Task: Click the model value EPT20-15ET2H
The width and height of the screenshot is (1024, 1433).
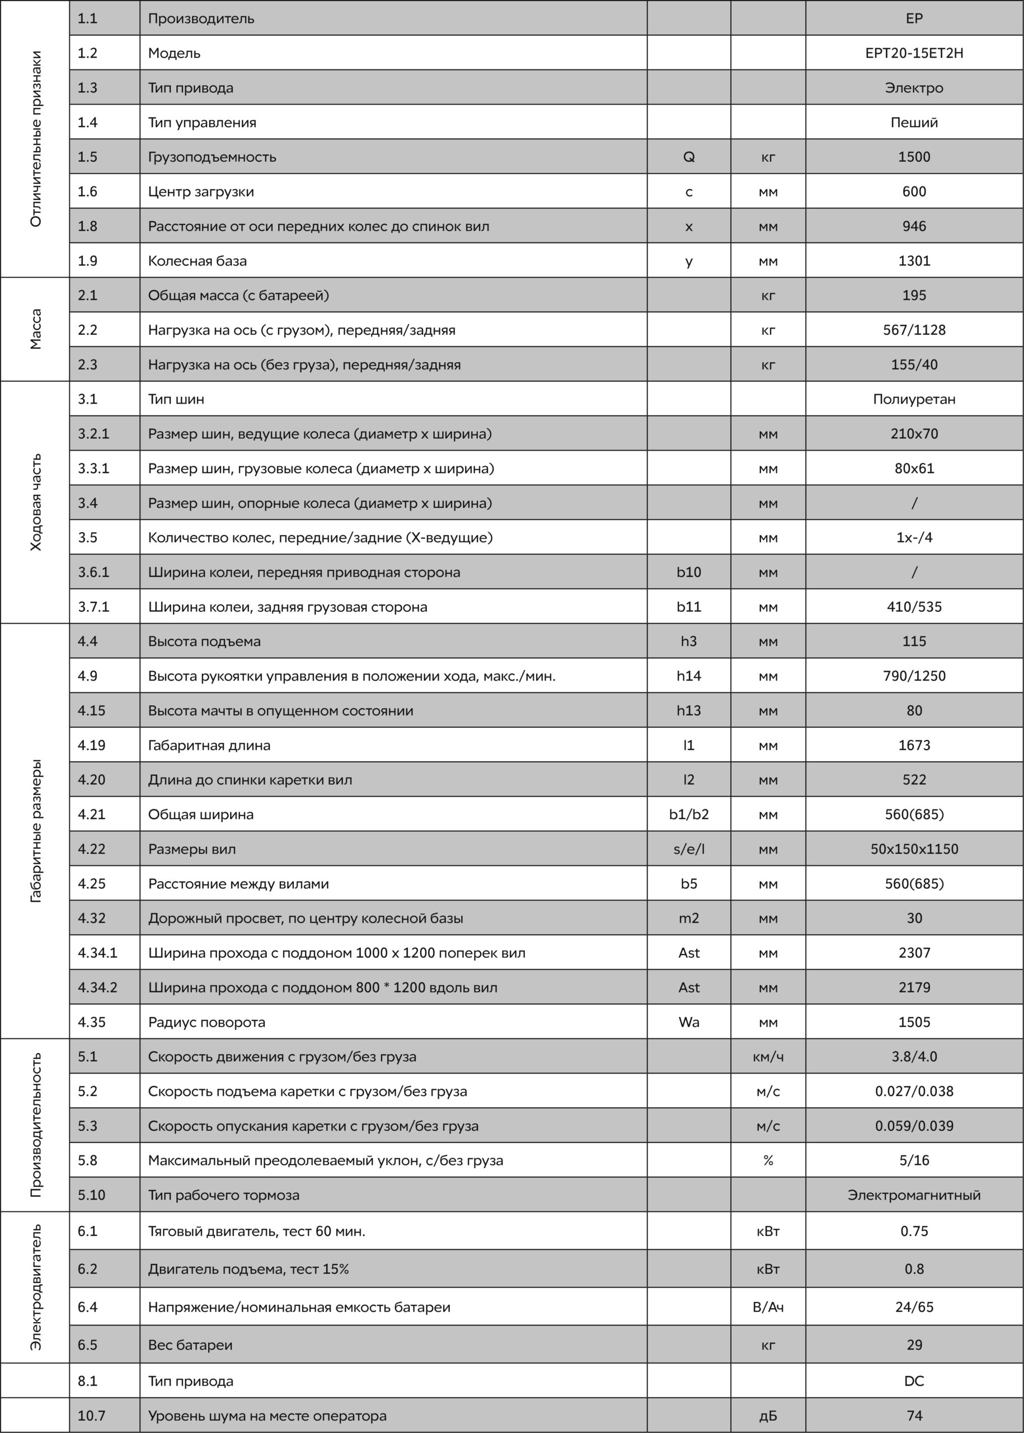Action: pyautogui.click(x=914, y=53)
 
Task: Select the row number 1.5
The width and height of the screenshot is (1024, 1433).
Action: pyautogui.click(x=88, y=157)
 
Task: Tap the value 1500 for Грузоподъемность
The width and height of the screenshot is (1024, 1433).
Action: pyautogui.click(x=914, y=157)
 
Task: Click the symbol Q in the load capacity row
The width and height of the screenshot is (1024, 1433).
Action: pyautogui.click(x=689, y=157)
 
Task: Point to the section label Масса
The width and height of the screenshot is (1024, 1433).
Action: pyautogui.click(x=36, y=329)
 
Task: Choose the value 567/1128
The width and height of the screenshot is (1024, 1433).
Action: pyautogui.click(x=914, y=330)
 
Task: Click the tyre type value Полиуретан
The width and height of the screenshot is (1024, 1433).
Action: pyautogui.click(x=914, y=399)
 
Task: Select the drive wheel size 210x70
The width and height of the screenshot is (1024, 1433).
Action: pyautogui.click(x=914, y=434)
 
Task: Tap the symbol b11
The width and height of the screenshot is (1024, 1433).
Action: pyautogui.click(x=689, y=607)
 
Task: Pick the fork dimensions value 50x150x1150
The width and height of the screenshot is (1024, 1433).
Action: pyautogui.click(x=914, y=849)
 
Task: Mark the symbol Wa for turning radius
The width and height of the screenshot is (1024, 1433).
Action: pyautogui.click(x=689, y=1022)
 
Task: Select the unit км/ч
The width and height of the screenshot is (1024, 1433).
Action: pyautogui.click(x=768, y=1056)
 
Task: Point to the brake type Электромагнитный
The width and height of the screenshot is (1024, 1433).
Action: pyautogui.click(x=914, y=1195)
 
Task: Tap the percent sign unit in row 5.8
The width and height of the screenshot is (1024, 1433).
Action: pyautogui.click(x=768, y=1160)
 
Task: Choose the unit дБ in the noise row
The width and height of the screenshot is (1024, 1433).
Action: pyautogui.click(x=768, y=1416)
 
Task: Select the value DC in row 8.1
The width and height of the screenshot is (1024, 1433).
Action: pyautogui.click(x=914, y=1382)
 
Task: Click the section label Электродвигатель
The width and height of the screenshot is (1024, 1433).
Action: pyautogui.click(x=36, y=1287)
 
